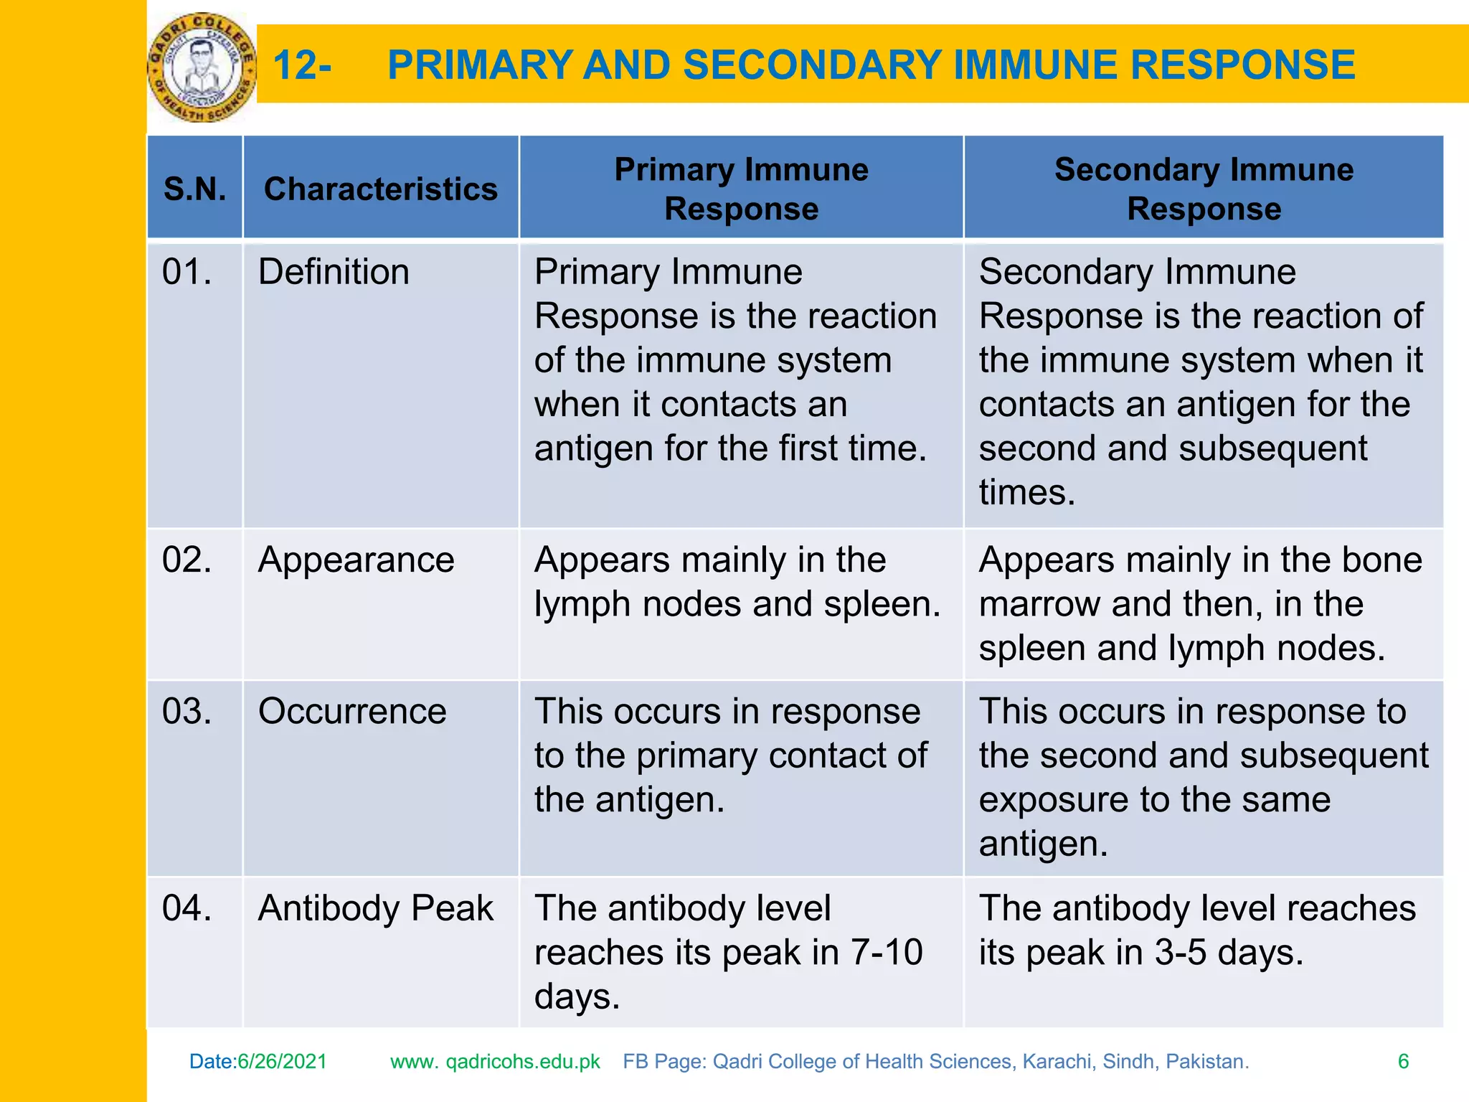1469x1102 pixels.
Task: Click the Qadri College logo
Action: pos(202,67)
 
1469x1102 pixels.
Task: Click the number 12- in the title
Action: pos(302,65)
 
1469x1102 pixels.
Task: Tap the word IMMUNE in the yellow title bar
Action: pos(1036,65)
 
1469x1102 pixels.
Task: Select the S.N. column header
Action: pos(194,189)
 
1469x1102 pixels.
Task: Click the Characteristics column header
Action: pos(380,189)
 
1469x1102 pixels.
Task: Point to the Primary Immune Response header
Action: pos(741,189)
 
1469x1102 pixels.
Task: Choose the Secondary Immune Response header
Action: pos(1204,189)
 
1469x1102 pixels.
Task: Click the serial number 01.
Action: pos(186,273)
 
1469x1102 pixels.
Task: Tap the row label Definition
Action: pos(334,273)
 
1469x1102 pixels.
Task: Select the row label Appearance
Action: pos(356,560)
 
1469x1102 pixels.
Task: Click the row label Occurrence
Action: pos(352,712)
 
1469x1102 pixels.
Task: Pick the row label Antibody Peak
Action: pos(375,908)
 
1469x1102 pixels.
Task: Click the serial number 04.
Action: pos(186,908)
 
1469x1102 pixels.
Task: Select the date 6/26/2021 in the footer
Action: pos(282,1062)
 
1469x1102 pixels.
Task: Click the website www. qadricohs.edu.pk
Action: pos(495,1062)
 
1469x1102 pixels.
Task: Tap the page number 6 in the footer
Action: pos(1403,1062)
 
